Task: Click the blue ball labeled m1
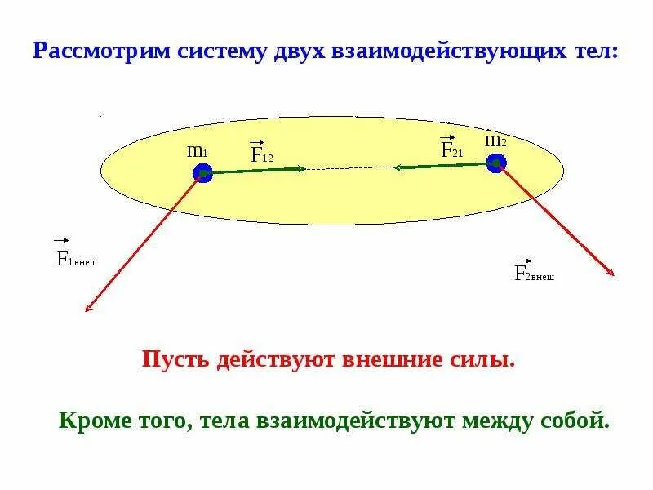pos(202,173)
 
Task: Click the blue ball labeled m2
pos(496,163)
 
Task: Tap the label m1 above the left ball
pos(198,151)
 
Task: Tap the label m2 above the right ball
pos(495,140)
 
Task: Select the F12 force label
pos(261,153)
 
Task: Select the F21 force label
pos(451,149)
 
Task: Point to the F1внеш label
pos(76,259)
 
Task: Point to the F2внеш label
pos(534,273)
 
